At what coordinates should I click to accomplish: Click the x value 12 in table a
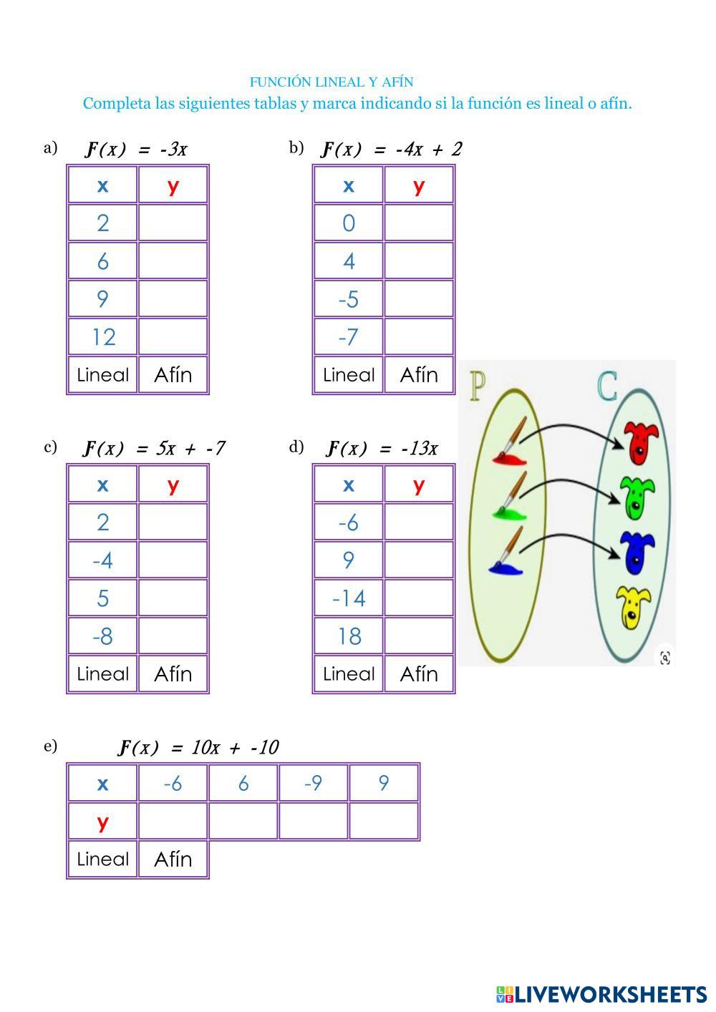[x=104, y=337]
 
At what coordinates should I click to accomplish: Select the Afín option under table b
[x=419, y=375]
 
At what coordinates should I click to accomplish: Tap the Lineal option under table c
[x=102, y=674]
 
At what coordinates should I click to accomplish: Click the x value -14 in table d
[x=349, y=598]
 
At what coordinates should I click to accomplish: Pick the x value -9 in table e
[x=314, y=783]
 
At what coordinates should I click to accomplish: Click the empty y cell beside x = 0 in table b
[x=419, y=223]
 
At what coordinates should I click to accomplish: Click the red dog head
[x=641, y=443]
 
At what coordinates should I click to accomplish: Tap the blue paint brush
[x=507, y=552]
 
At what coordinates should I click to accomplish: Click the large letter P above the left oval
[x=478, y=386]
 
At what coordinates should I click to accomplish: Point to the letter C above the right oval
[x=606, y=386]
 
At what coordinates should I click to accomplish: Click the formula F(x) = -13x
[x=382, y=448]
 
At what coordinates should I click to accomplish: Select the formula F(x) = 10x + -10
[x=198, y=747]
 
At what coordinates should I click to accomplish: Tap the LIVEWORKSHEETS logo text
[x=601, y=994]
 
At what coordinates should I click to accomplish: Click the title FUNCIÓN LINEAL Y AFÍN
[x=332, y=82]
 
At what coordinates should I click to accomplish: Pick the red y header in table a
[x=173, y=186]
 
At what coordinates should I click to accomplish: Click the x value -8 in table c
[x=102, y=636]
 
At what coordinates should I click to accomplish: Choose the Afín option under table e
[x=173, y=860]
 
